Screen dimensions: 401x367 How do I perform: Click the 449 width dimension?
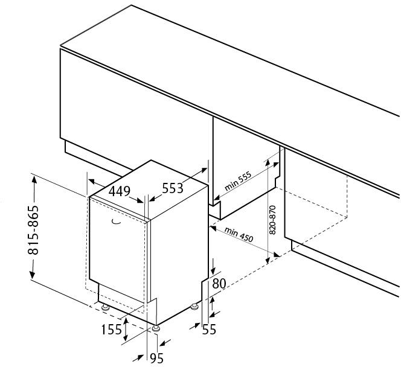pos(120,191)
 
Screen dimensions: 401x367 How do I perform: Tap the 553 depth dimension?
pos(173,188)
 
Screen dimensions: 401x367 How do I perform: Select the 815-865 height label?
pos(33,230)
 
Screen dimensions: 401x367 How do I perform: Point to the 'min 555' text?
pos(238,181)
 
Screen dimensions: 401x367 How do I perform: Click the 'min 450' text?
pos(239,235)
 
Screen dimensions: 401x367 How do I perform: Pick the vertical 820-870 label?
pos(272,220)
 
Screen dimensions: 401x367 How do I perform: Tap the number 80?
pos(219,284)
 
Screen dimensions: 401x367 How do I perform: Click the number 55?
pos(209,329)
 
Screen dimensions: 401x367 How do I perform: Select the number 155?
pos(112,329)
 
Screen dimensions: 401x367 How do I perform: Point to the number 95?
pos(156,358)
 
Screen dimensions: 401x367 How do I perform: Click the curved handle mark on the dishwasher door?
pos(116,222)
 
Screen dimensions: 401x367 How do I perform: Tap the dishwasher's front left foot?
pos(105,307)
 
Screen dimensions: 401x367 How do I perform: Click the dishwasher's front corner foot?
pos(156,328)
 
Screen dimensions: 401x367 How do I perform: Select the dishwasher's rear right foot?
pos(194,306)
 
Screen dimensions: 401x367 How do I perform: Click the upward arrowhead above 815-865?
pos(34,180)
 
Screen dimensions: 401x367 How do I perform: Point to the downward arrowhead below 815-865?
pos(32,273)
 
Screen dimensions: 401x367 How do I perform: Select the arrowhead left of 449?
pos(92,182)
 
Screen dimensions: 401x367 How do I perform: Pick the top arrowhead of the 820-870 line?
pos(268,162)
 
